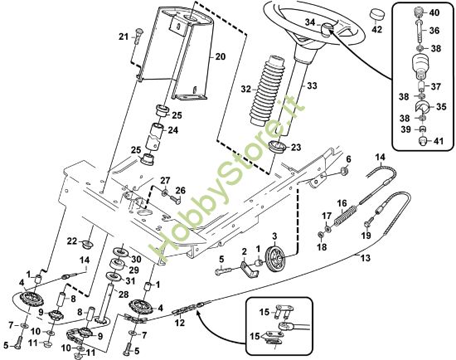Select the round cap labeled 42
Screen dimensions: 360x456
click(376, 16)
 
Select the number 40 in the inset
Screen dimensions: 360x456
click(434, 12)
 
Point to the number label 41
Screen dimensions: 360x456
click(434, 142)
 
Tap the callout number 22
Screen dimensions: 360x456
click(71, 241)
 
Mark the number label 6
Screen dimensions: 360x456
click(348, 158)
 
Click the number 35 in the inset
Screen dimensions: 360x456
click(441, 105)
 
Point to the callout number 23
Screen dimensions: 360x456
click(296, 148)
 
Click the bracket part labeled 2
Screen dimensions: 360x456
click(245, 266)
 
